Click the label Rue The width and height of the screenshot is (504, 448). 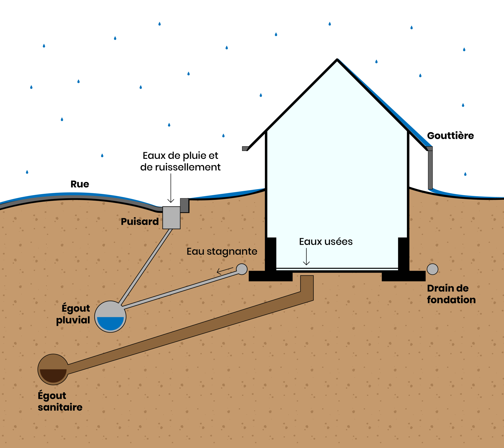point(80,184)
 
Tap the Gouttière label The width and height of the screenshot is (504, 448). point(450,136)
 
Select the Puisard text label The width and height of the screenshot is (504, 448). point(140,222)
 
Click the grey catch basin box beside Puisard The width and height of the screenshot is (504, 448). point(171,218)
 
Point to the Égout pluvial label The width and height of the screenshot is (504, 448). point(73,314)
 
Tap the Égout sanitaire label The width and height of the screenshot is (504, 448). point(60,401)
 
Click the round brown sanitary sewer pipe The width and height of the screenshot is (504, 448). point(53,369)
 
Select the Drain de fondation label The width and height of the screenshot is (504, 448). point(451,294)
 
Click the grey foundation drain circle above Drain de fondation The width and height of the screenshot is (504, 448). point(432,269)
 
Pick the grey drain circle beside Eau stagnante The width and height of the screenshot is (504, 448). point(242,269)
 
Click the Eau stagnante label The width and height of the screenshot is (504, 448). point(222,251)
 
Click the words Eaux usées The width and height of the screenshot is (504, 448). point(326,242)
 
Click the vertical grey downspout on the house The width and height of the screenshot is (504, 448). point(430,169)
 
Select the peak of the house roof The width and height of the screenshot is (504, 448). point(337,60)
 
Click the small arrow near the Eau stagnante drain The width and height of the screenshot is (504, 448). point(225,271)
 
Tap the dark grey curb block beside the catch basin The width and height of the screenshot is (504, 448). point(185,205)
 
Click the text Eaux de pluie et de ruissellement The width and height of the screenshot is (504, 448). point(180,161)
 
